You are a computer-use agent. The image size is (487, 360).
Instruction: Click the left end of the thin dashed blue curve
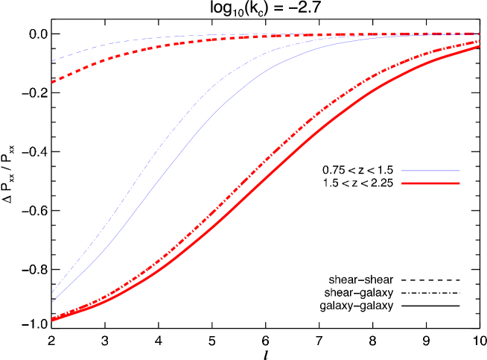(x=52, y=61)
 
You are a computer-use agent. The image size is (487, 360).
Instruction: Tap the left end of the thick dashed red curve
(x=52, y=83)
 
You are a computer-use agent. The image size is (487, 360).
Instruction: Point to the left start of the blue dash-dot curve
(x=52, y=294)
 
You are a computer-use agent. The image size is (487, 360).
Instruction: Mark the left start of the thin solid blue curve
(x=52, y=303)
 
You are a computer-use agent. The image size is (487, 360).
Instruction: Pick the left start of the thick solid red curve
(x=52, y=320)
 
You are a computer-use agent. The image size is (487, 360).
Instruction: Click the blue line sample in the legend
(x=430, y=171)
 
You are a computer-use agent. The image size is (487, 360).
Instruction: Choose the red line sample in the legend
(x=430, y=183)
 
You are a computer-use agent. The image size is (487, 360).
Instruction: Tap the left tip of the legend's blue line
(x=402, y=171)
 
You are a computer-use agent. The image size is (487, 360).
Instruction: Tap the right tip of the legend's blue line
(x=459, y=171)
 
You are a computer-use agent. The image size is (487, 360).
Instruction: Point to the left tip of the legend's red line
(x=402, y=183)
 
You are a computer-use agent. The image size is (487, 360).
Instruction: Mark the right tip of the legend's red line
(x=459, y=183)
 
